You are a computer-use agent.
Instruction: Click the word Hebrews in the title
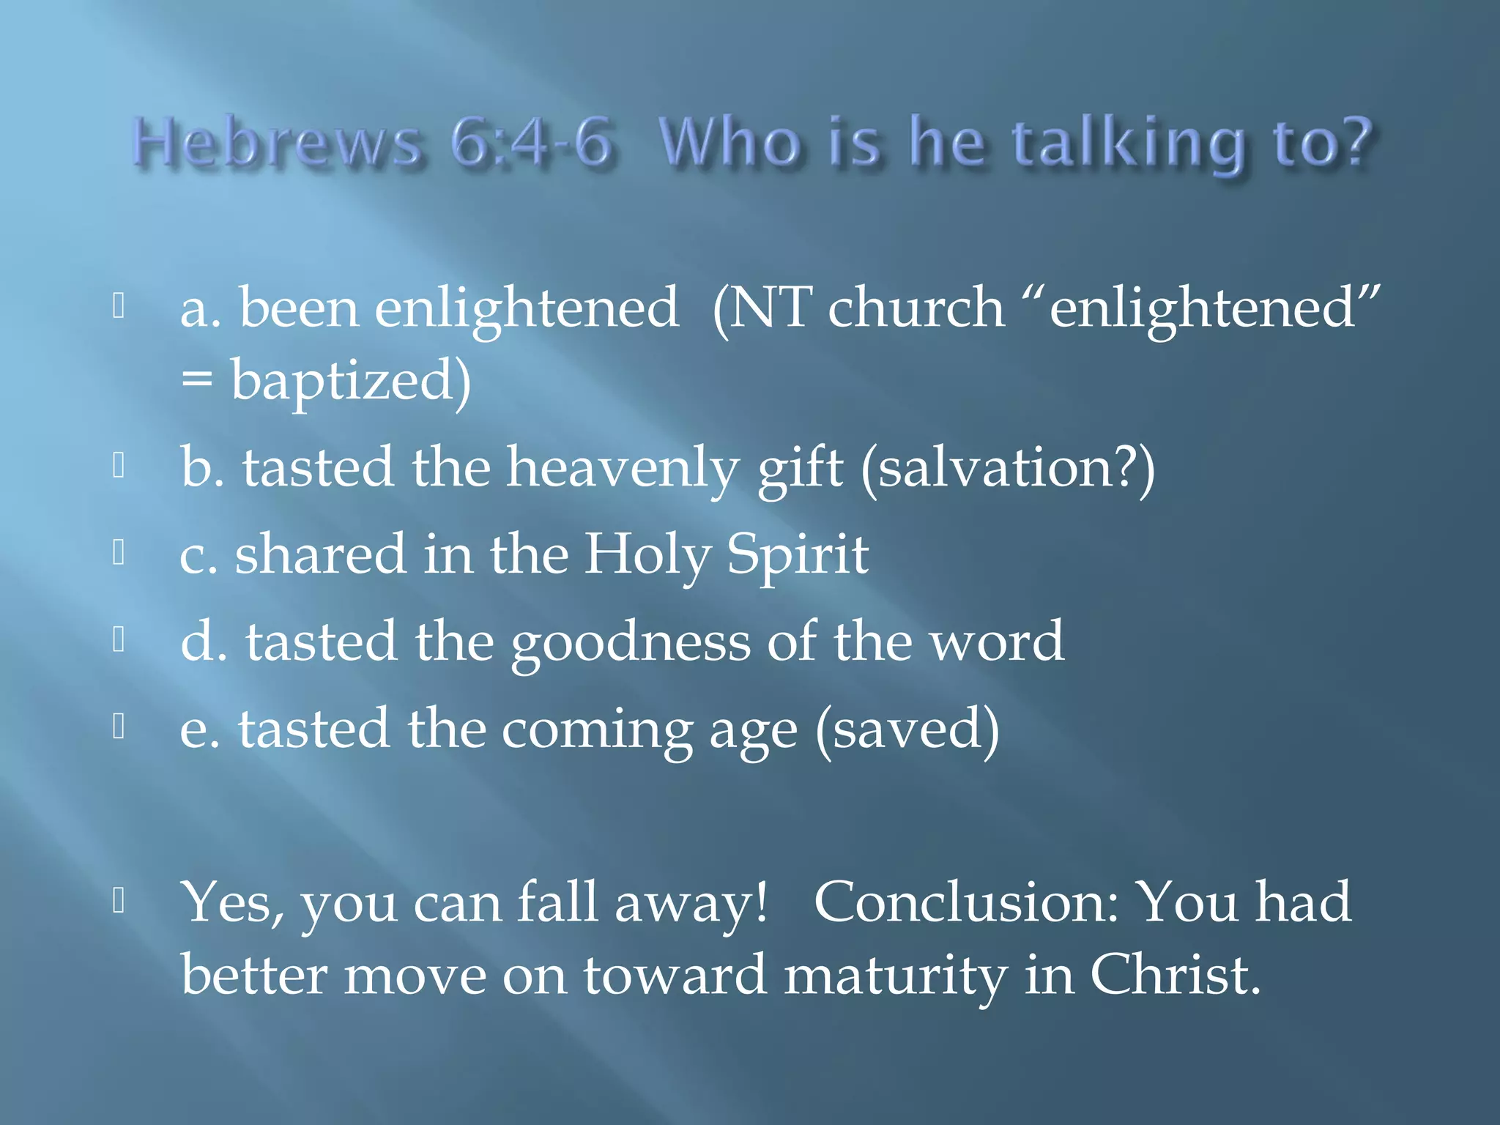pyautogui.click(x=277, y=143)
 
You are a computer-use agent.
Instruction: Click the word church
pyautogui.click(x=916, y=308)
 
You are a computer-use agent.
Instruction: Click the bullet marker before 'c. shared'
pyautogui.click(x=119, y=553)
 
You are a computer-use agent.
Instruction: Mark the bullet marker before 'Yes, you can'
pyautogui.click(x=119, y=901)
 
